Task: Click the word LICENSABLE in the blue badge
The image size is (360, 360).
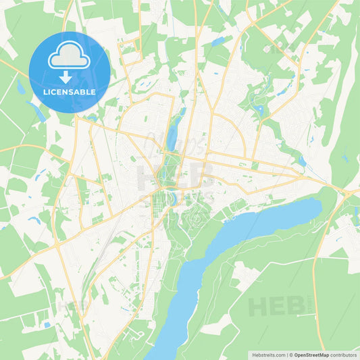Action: pyautogui.click(x=70, y=91)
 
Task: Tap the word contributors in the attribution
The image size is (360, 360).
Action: pyautogui.click(x=343, y=354)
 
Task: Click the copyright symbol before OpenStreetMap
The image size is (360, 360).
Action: pyautogui.click(x=291, y=354)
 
